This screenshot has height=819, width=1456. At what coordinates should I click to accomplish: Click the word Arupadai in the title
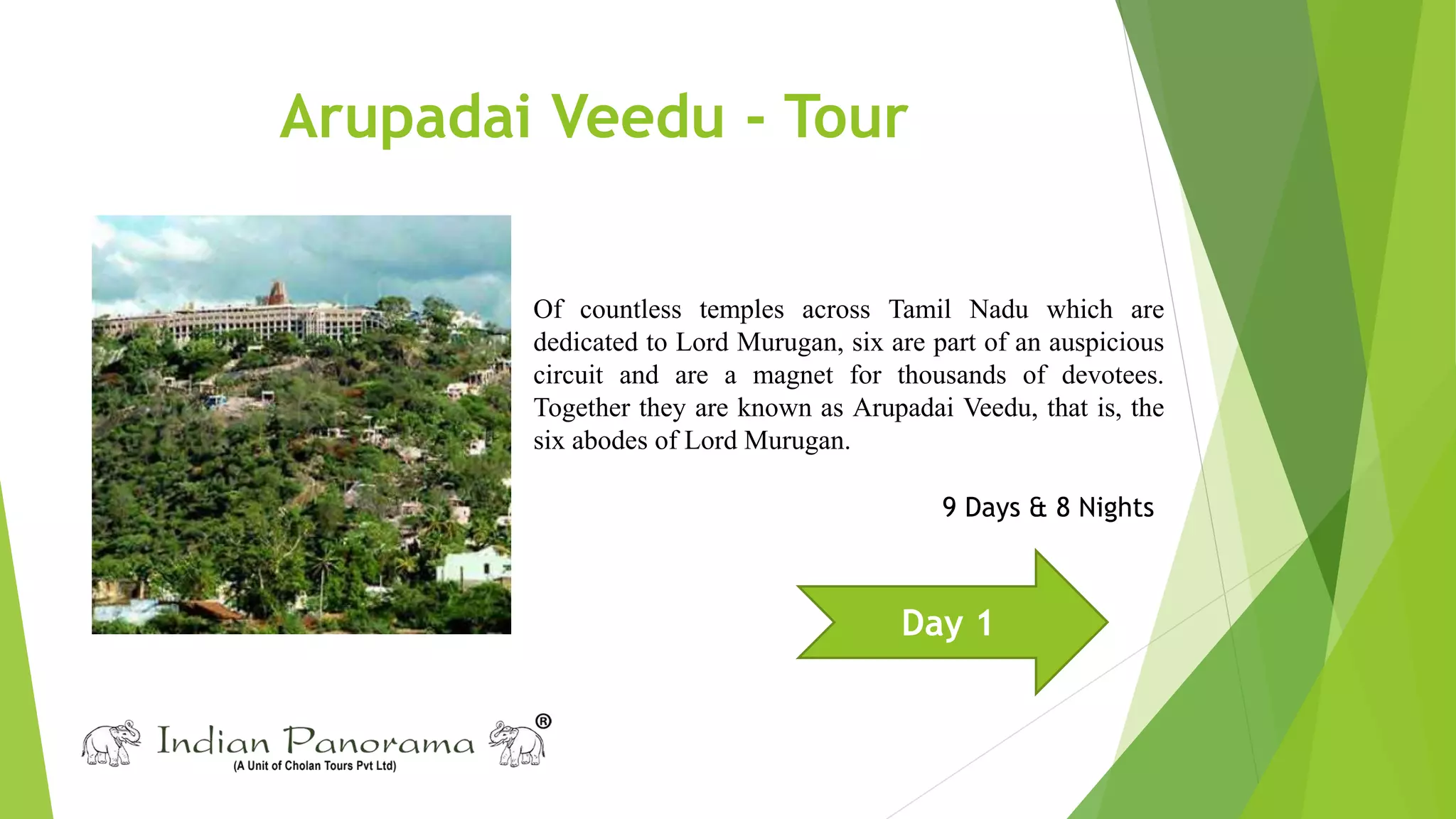pos(405,117)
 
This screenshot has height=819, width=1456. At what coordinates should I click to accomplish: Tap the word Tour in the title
pos(845,117)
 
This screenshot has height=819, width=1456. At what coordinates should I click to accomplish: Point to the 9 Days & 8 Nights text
pos(1047,508)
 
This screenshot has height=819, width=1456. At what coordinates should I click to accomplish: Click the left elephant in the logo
pos(111,744)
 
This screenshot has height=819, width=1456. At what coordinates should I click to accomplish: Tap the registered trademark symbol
pos(542,722)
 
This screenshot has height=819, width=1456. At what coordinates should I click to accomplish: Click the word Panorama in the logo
pos(380,742)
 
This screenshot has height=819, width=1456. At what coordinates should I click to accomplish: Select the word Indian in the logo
pos(213,742)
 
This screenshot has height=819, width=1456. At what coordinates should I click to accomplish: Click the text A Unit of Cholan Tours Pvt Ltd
pos(314,766)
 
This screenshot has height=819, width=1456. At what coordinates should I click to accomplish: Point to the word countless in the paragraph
pos(630,310)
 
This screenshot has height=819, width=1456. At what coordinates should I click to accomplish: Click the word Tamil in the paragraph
pos(919,310)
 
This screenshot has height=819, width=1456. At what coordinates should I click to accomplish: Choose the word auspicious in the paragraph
pos(1106,343)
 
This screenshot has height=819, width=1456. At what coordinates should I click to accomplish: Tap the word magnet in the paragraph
pos(792,375)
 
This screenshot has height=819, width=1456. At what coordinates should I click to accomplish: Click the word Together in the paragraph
pos(582,408)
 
